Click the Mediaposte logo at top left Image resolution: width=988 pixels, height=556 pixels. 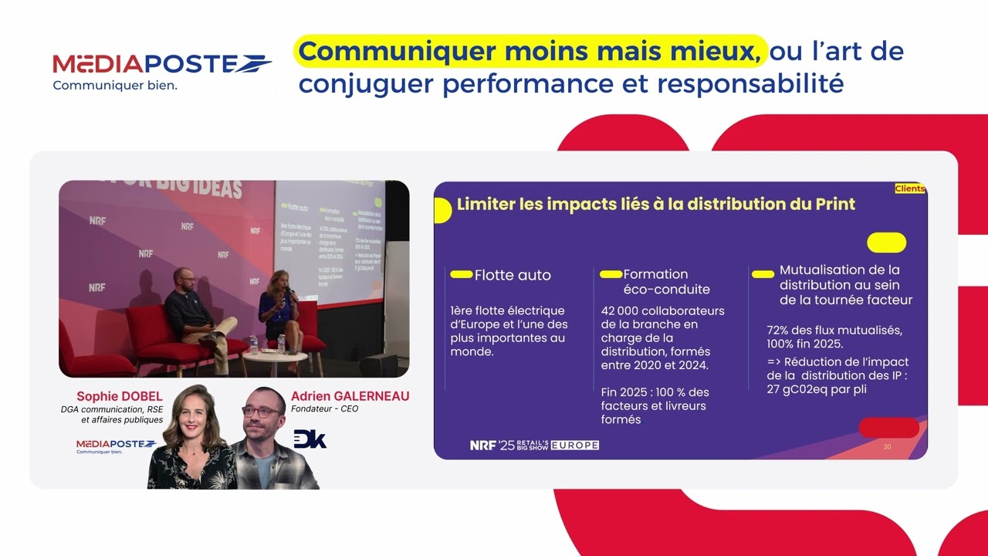click(161, 65)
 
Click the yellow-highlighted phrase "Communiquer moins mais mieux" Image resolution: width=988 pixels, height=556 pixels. click(530, 52)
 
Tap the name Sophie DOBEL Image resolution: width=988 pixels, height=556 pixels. click(120, 397)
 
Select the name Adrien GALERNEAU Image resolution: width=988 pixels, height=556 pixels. click(350, 396)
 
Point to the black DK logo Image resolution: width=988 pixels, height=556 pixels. click(310, 439)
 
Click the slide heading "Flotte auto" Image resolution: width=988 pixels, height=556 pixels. click(513, 275)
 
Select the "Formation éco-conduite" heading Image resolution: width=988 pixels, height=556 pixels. click(655, 282)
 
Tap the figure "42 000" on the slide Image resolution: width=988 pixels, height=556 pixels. click(621, 311)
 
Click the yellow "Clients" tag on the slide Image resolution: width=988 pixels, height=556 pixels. click(910, 188)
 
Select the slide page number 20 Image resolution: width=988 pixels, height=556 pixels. click(887, 446)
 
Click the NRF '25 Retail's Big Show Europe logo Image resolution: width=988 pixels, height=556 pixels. click(534, 445)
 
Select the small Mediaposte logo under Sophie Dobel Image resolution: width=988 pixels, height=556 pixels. click(116, 445)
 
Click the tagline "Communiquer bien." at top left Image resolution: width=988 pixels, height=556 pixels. click(115, 85)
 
